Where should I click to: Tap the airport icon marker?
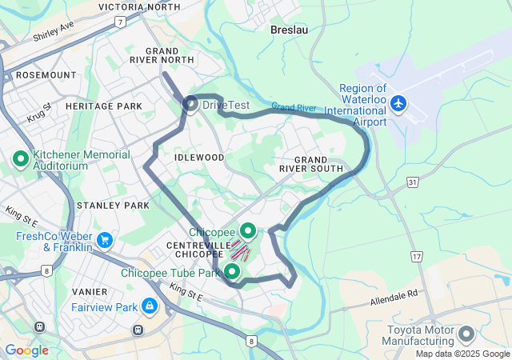pos(398,103)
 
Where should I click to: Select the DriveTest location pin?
pos(191,103)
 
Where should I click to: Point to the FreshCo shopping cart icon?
pos(104,240)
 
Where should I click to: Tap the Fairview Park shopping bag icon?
pos(149,306)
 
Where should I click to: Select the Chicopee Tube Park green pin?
pos(233,272)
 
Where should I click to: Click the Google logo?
pos(26,350)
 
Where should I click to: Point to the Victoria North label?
pos(139,7)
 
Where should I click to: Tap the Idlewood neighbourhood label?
pos(199,158)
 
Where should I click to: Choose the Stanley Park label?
pos(113,206)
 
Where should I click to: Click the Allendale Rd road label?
pos(394,299)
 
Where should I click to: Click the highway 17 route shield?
pos(417,257)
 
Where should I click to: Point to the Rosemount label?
pos(46,74)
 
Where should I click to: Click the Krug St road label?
pos(38,111)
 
